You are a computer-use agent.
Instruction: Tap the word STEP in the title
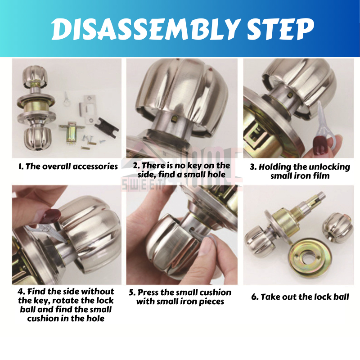pyautogui.click(x=280, y=29)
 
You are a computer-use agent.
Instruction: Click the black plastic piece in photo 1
pyautogui.click(x=107, y=127)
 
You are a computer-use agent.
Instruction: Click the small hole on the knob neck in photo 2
pyautogui.click(x=174, y=118)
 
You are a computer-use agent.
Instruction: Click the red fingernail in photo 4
pyautogui.click(x=52, y=216)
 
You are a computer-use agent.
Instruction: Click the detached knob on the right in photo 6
pyautogui.click(x=337, y=228)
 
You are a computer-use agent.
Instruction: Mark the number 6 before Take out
pyautogui.click(x=254, y=297)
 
